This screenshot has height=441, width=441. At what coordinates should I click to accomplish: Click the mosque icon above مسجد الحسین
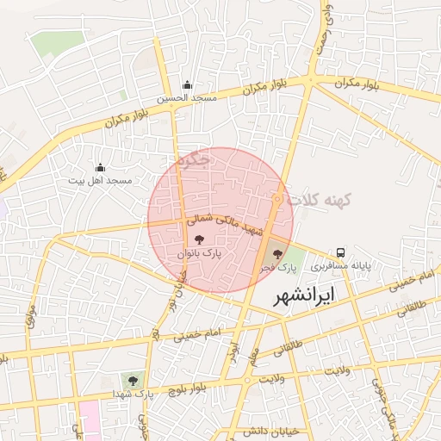(187, 84)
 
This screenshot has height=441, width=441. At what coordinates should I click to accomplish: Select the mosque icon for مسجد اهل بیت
(100, 167)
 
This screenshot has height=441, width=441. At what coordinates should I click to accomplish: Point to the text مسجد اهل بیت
(100, 181)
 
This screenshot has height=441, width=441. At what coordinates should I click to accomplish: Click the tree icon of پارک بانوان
(200, 240)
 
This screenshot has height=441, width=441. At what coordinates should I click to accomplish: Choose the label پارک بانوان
(200, 254)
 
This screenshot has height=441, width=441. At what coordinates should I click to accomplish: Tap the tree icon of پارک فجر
(276, 253)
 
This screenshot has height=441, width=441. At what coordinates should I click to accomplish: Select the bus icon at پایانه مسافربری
(341, 252)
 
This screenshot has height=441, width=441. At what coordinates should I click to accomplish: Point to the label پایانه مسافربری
(341, 267)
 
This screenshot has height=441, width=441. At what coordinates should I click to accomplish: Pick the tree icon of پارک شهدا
(133, 379)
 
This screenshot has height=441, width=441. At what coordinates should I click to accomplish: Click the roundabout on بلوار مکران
(309, 81)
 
